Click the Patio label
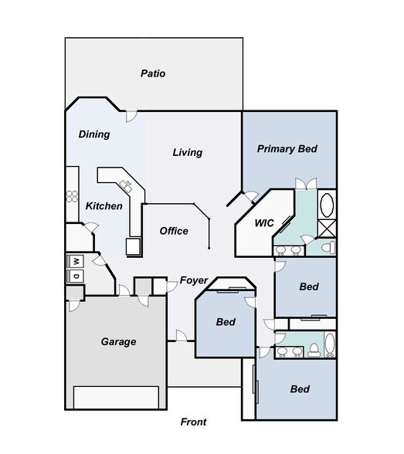coord(153,74)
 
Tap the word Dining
coord(94,134)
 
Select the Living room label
coord(187,153)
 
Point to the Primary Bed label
coord(287,149)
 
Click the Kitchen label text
coord(104,206)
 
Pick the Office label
coord(174,231)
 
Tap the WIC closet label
coord(266,223)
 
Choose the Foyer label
coord(194,280)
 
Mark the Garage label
coord(119,341)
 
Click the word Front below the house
coord(194,422)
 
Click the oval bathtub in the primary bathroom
coord(327,206)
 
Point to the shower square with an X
coord(327,227)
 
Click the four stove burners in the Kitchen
coord(72,195)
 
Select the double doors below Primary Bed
coord(303,183)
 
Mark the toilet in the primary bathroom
coord(328,247)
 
